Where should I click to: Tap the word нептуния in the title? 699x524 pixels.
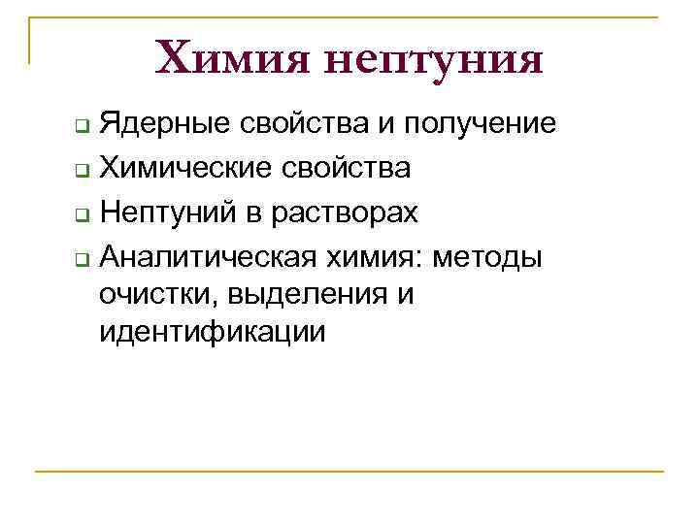pyautogui.click(x=432, y=60)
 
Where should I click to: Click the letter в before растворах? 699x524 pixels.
pyautogui.click(x=260, y=212)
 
